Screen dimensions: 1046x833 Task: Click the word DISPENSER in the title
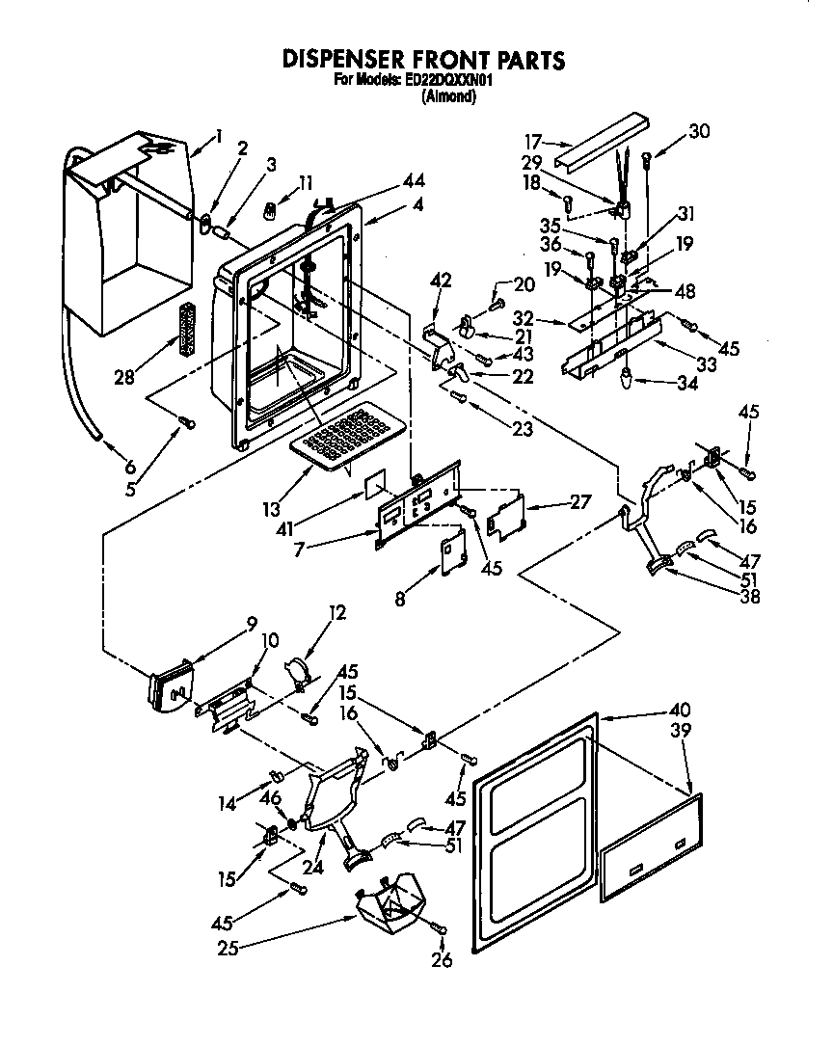(x=350, y=60)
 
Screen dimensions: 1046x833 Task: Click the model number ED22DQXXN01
(x=446, y=81)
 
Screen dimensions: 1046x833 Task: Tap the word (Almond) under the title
(x=449, y=95)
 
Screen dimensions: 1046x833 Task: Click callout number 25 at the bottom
(x=228, y=948)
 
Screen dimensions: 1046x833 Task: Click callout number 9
(x=252, y=624)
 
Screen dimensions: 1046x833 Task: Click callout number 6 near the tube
(x=130, y=466)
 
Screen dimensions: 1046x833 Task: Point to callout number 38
(x=749, y=596)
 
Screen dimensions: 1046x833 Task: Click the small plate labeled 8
(x=449, y=556)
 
